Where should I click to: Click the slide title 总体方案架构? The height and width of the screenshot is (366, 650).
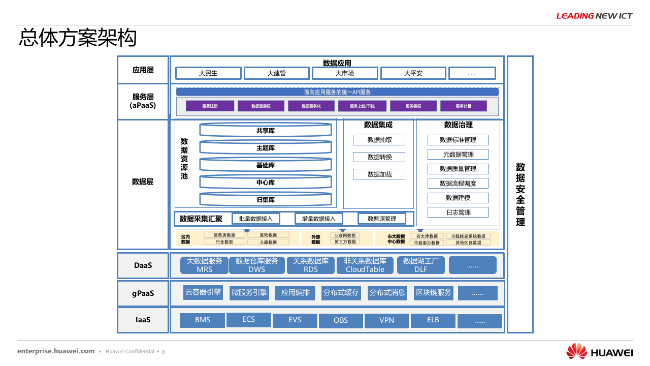tap(78, 39)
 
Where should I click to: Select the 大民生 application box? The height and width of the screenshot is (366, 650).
tap(208, 73)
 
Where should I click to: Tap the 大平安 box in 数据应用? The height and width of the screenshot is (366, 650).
tap(413, 73)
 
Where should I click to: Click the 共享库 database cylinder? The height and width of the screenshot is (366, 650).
tap(265, 131)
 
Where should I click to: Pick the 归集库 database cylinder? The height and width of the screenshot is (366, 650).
tap(265, 200)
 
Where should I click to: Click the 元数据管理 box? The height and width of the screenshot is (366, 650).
tap(458, 154)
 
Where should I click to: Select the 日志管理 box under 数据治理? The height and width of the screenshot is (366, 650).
tap(458, 212)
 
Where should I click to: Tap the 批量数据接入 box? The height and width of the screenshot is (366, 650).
tap(256, 219)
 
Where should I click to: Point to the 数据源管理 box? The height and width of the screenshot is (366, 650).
tap(381, 219)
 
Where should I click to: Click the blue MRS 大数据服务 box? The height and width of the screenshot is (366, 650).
tap(204, 265)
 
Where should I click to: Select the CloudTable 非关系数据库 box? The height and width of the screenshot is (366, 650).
tap(365, 265)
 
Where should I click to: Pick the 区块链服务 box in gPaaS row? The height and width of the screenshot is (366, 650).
tap(433, 293)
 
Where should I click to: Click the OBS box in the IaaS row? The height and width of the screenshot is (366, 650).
tap(341, 321)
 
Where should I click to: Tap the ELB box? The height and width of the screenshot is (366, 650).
tap(433, 320)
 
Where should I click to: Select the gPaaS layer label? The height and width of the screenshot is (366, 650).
tap(143, 293)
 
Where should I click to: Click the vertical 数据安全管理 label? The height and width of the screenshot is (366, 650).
tap(520, 194)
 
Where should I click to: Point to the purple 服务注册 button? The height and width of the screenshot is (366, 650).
tap(210, 106)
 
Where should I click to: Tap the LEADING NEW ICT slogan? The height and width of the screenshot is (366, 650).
tap(594, 16)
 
